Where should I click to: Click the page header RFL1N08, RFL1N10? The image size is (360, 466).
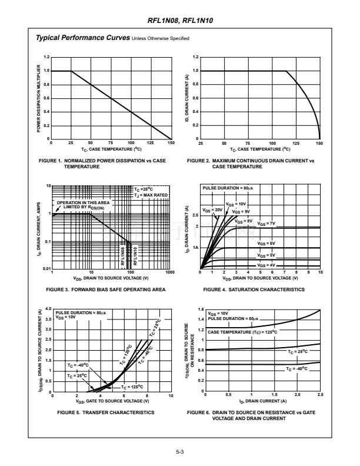(x=180, y=20)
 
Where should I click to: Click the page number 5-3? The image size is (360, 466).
(x=180, y=452)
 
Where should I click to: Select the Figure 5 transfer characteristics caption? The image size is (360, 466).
(x=106, y=412)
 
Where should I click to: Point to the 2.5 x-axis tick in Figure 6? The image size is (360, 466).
(x=320, y=394)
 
